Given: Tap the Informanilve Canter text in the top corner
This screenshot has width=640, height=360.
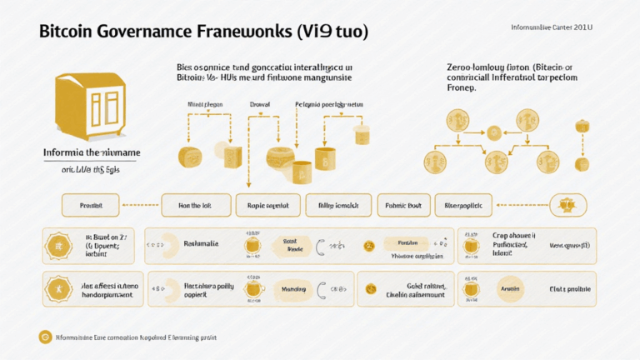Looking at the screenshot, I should (x=551, y=27).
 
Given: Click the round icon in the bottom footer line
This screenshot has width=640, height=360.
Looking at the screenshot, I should (x=45, y=337).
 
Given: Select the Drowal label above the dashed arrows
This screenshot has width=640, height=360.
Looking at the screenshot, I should (x=259, y=105).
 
